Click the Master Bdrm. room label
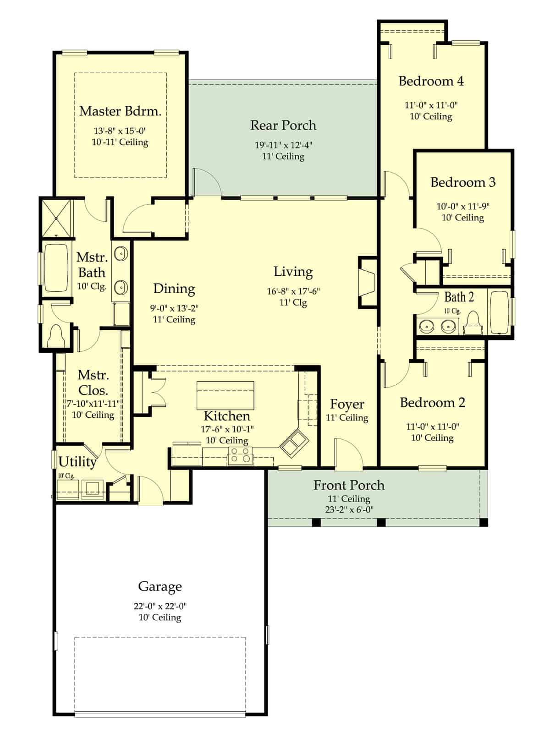point(120,111)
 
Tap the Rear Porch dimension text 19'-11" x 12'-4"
point(283,145)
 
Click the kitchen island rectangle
point(225,395)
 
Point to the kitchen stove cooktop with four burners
point(240,455)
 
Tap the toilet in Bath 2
point(473,324)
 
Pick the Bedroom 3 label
point(462,182)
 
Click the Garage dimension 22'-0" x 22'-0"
point(160,606)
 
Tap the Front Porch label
point(349,485)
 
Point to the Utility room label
point(77,462)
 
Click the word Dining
point(174,289)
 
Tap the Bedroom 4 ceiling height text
point(431,116)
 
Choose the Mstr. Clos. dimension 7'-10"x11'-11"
point(93,404)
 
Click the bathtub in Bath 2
point(498,311)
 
